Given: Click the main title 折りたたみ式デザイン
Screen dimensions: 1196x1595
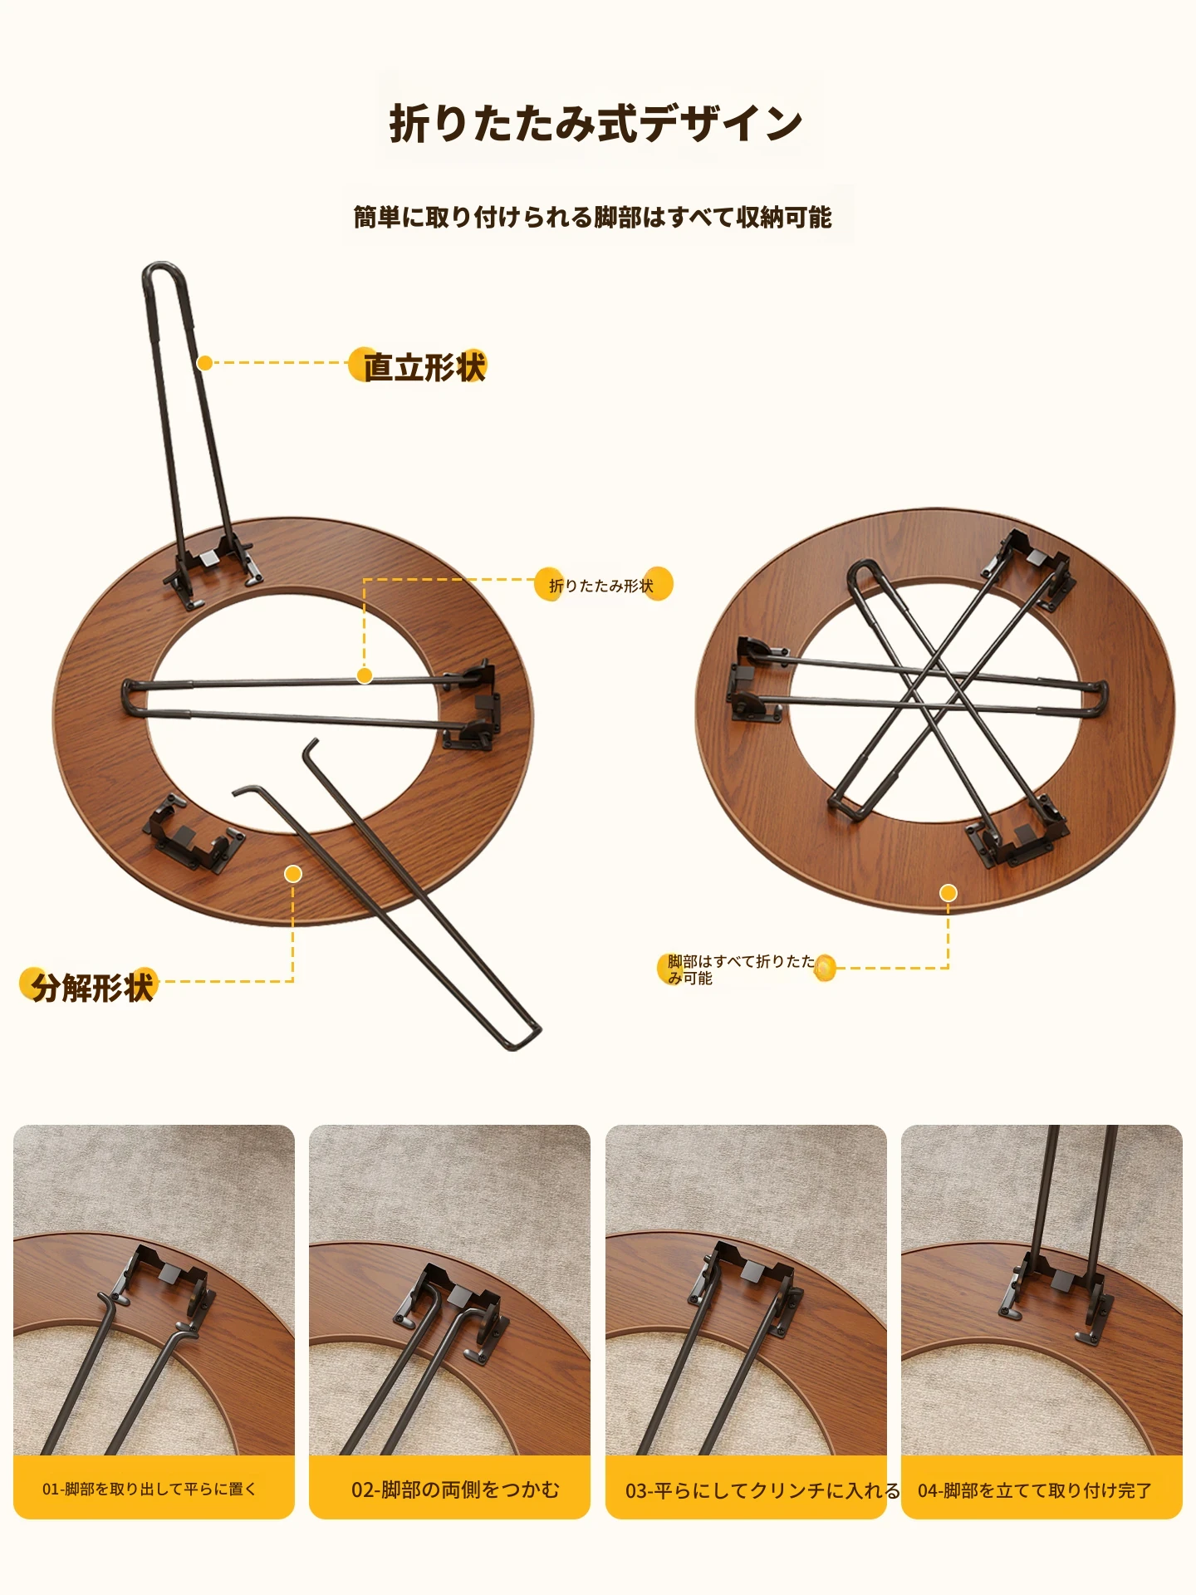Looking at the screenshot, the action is tap(596, 124).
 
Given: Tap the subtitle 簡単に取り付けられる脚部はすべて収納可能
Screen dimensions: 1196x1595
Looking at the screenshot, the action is tap(593, 218).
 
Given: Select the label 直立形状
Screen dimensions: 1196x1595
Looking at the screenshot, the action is tap(424, 366).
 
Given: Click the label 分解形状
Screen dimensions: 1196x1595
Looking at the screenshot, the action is tap(92, 987).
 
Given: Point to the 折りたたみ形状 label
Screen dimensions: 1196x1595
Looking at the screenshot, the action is tap(601, 586).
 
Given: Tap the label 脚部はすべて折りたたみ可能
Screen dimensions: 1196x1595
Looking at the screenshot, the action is tap(742, 969).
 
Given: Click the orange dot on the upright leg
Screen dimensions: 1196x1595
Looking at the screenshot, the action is tap(204, 363).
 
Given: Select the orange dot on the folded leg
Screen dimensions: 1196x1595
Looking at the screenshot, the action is tap(365, 676).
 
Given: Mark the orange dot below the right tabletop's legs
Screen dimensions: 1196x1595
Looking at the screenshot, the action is tap(948, 893).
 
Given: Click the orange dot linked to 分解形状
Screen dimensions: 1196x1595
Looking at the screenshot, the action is tap(293, 874).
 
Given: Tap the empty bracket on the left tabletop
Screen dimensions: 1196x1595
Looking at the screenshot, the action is tap(193, 833).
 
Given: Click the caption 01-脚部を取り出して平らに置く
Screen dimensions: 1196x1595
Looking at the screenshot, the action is tap(149, 1489).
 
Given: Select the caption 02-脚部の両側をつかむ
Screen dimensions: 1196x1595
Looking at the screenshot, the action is tap(455, 1489).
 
